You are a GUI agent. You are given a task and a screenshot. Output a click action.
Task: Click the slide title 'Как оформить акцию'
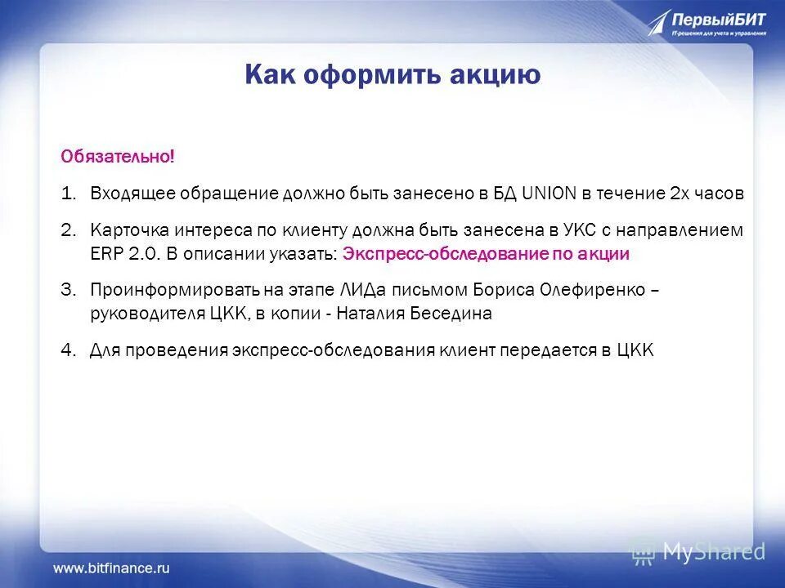[x=392, y=75]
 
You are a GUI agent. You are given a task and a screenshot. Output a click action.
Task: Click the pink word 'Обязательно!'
[x=118, y=155]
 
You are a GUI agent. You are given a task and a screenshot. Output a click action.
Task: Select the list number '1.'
[x=69, y=194]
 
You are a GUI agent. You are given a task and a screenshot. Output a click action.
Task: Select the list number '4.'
[x=69, y=350]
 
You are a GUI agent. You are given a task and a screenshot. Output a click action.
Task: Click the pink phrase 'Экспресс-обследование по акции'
[x=486, y=254]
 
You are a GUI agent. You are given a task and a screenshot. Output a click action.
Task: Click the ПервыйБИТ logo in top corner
[x=707, y=22]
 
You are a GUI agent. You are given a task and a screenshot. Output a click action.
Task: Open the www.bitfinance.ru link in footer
[x=111, y=566]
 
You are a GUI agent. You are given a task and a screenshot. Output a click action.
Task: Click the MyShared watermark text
[x=714, y=552]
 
